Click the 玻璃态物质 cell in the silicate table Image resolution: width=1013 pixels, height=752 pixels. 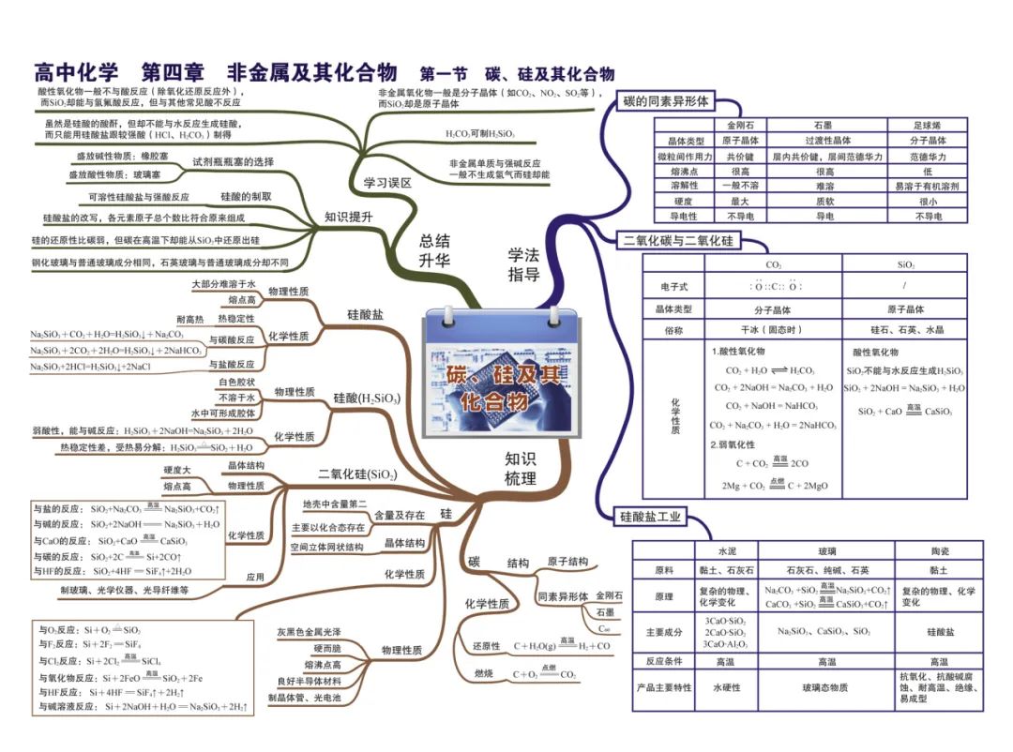[825, 687]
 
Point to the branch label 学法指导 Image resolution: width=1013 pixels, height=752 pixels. [523, 263]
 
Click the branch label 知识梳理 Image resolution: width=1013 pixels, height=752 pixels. [521, 468]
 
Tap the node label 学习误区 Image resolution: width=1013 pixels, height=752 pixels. [386, 183]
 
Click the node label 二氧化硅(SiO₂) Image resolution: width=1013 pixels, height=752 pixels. [356, 474]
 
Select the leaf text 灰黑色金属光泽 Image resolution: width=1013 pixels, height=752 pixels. [309, 632]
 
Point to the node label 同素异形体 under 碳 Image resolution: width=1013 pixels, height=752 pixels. [563, 596]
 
